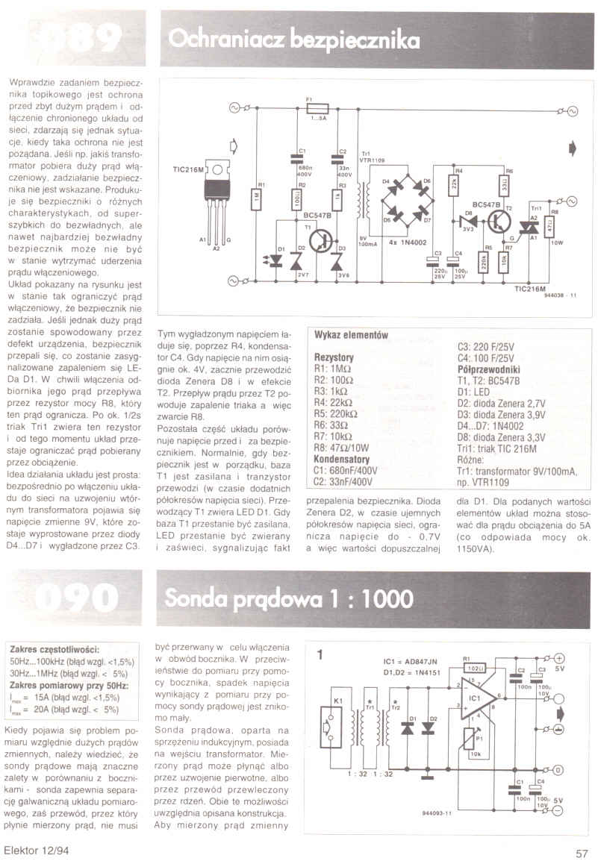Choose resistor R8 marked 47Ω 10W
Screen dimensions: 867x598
point(554,225)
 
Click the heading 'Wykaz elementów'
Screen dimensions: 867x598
point(352,336)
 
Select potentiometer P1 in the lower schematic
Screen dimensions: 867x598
point(468,741)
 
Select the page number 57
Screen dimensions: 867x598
point(582,854)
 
